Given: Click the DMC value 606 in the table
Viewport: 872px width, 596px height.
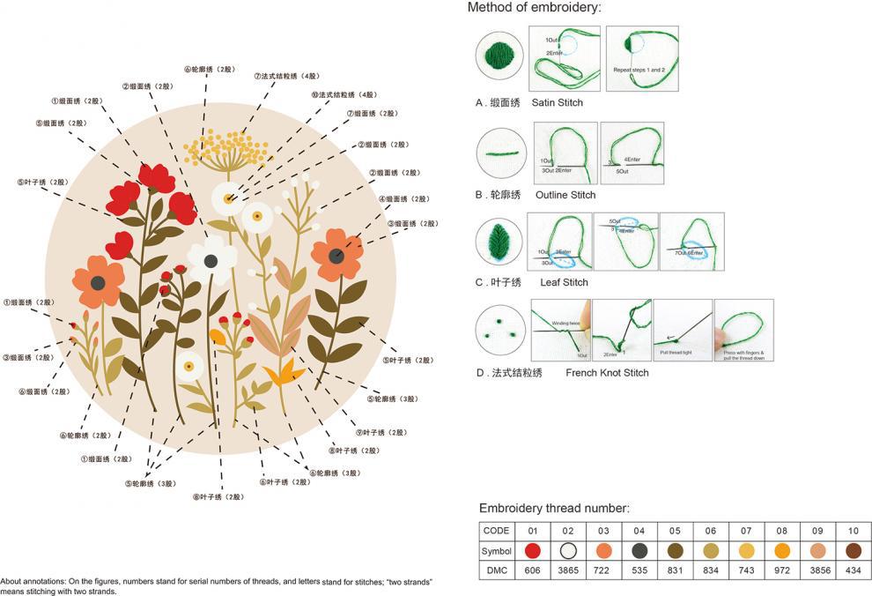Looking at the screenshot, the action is [x=532, y=570].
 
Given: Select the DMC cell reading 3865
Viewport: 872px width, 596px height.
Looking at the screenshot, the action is [x=569, y=570].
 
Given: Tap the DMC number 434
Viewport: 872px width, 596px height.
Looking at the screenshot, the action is [x=854, y=570].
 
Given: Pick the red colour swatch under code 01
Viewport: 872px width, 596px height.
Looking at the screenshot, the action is [x=532, y=550].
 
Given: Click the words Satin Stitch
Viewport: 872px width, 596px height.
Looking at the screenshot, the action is [x=557, y=103].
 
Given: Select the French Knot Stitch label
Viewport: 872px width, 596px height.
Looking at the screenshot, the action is [x=607, y=373].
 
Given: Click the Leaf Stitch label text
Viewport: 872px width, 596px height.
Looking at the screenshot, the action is [x=564, y=283].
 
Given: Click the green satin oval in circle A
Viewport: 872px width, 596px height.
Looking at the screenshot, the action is [x=499, y=56].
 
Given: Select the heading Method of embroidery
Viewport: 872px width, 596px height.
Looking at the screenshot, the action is [x=535, y=8].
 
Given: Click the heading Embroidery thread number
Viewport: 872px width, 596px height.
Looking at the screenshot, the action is [x=554, y=509].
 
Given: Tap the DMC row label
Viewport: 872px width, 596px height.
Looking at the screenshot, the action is [x=497, y=570].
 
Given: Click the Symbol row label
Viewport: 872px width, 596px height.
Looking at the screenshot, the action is [x=497, y=550].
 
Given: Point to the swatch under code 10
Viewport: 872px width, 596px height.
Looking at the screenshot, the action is [x=854, y=550].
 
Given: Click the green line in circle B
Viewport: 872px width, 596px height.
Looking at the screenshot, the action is [x=499, y=152].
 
